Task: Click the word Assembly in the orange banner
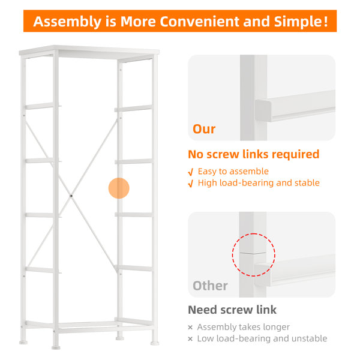pyautogui.click(x=67, y=22)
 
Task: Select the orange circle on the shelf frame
pyautogui.click(x=119, y=188)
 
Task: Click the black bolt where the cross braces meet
pyautogui.click(x=71, y=196)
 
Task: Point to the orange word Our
pyautogui.click(x=204, y=129)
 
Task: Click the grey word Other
pyautogui.click(x=210, y=286)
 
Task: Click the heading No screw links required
pyautogui.click(x=253, y=154)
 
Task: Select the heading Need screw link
pyautogui.click(x=232, y=310)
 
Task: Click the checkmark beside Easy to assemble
pyautogui.click(x=191, y=172)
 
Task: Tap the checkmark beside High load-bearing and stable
pyautogui.click(x=191, y=184)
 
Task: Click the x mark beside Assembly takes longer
pyautogui.click(x=190, y=328)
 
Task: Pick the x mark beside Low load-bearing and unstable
pyautogui.click(x=190, y=339)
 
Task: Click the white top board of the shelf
pyautogui.click(x=89, y=51)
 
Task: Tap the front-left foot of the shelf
pyautogui.click(x=56, y=347)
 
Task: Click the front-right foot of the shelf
pyautogui.click(x=155, y=343)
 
